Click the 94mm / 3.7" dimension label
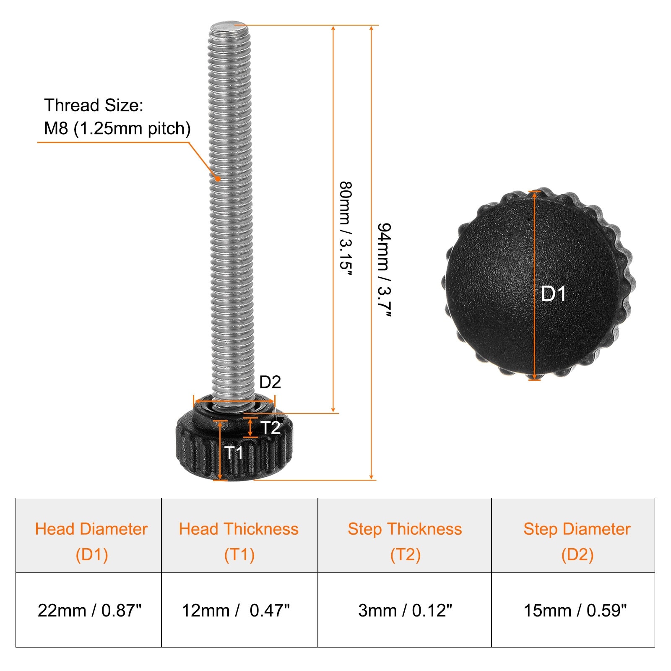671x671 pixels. tap(384, 270)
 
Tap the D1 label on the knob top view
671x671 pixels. tap(554, 294)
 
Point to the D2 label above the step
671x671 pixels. tap(270, 382)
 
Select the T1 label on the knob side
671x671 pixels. tap(234, 453)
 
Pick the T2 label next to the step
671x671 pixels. tap(270, 428)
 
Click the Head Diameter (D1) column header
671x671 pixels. tap(91, 542)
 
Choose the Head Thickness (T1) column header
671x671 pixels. tap(239, 542)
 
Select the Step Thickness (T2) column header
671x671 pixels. tap(405, 542)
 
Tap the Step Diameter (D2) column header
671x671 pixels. tap(577, 542)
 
